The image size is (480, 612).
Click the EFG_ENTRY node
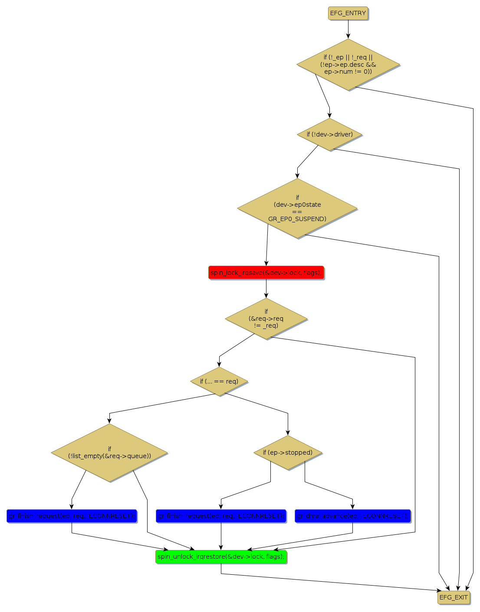click(x=348, y=13)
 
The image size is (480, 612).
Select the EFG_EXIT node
click(x=454, y=597)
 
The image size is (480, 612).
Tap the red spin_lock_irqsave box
click(x=266, y=273)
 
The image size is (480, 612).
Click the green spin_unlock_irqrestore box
click(x=221, y=557)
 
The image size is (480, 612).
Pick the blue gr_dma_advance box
click(x=352, y=516)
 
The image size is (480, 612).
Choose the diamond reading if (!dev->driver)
click(x=329, y=134)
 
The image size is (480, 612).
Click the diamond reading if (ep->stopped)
click(x=288, y=452)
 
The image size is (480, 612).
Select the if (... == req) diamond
click(x=219, y=381)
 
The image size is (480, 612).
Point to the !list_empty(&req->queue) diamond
click(x=109, y=452)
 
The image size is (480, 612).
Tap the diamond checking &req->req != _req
click(x=266, y=319)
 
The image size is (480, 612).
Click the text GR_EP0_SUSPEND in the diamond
click(x=297, y=219)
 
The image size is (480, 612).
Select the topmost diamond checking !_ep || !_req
click(x=348, y=65)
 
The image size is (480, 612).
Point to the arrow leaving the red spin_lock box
click(x=266, y=289)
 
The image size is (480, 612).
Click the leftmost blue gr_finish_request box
click(x=72, y=516)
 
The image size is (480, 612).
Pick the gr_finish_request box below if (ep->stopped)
click(x=221, y=516)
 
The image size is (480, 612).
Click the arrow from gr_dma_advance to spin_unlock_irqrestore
click(x=304, y=541)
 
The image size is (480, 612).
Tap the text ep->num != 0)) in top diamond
click(x=348, y=72)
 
